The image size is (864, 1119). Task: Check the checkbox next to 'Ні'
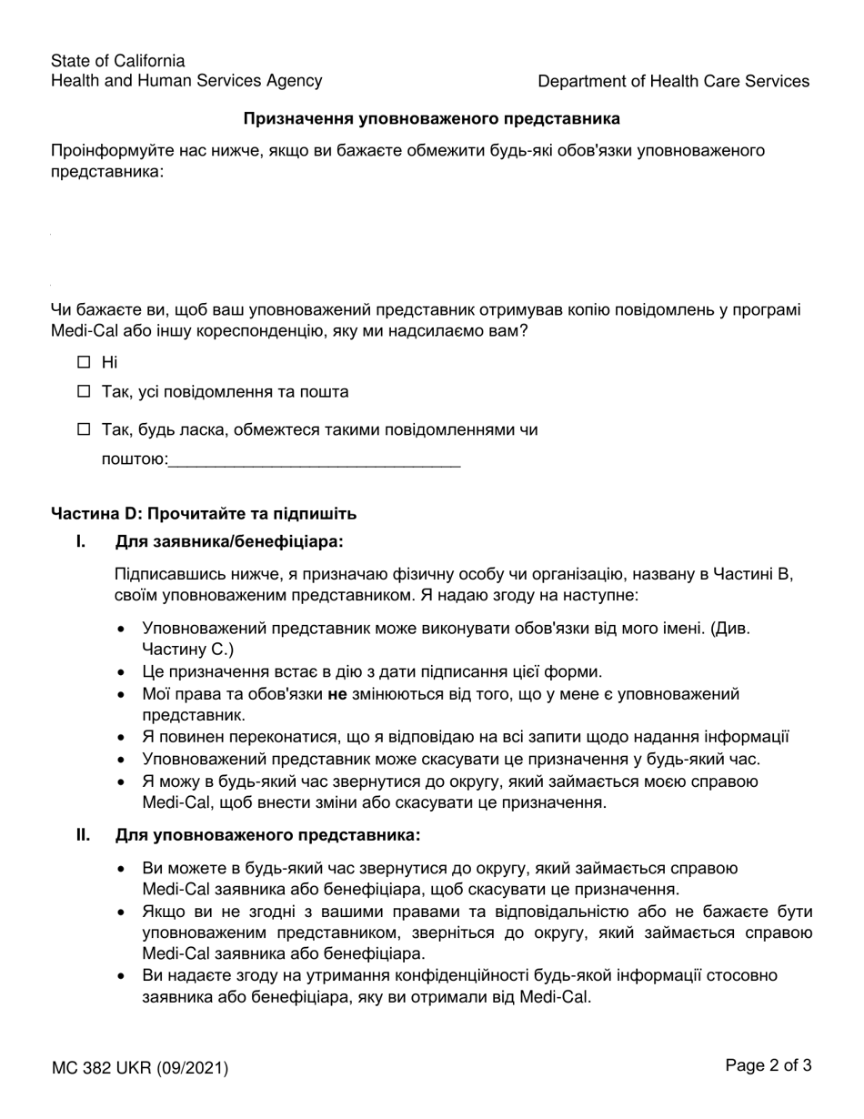(85, 362)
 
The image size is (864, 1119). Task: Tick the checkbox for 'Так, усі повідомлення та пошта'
(85, 392)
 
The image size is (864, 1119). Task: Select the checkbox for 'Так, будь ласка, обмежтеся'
(85, 429)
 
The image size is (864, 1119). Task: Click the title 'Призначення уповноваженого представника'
(431, 118)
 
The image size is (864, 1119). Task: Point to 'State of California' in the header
(117, 61)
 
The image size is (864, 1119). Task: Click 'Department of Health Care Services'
(673, 81)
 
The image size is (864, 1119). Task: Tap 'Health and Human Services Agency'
(186, 81)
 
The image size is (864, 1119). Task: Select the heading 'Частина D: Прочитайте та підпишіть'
(204, 513)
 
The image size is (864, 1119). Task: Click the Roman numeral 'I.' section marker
(82, 542)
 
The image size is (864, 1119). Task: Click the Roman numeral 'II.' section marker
(83, 834)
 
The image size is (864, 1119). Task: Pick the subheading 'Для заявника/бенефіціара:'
(229, 542)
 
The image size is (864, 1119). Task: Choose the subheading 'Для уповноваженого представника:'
(267, 834)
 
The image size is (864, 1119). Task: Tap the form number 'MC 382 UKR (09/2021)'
(140, 1068)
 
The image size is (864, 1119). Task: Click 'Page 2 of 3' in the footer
(769, 1065)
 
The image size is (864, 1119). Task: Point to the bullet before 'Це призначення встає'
(122, 672)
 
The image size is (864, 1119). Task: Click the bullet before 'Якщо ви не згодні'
(122, 912)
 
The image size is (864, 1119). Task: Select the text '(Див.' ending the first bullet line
(732, 628)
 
